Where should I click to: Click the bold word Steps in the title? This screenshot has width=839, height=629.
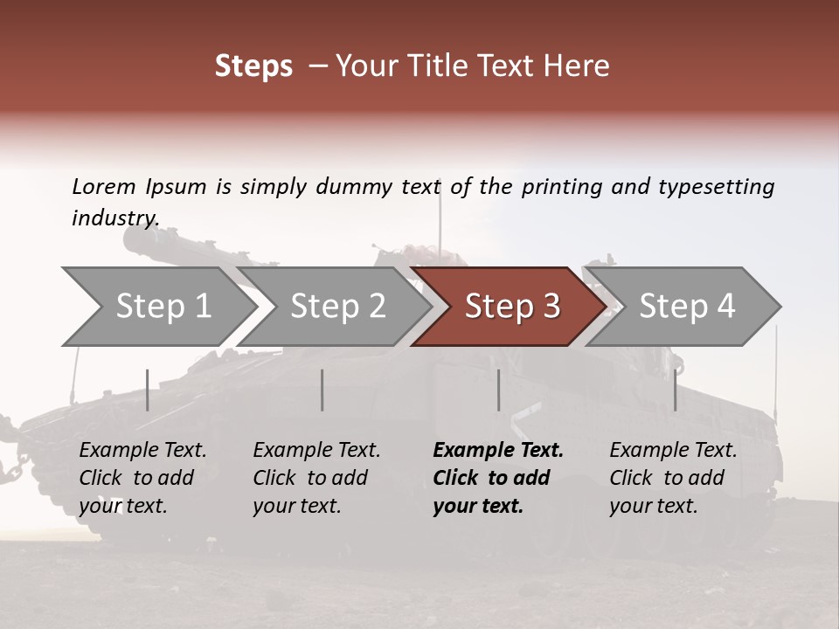253,66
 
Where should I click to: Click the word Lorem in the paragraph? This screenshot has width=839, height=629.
104,186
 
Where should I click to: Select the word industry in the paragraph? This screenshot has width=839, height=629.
114,218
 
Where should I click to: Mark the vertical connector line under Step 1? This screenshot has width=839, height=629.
148,390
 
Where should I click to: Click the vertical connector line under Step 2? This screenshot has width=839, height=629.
322,390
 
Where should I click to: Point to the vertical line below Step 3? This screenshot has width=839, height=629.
499,390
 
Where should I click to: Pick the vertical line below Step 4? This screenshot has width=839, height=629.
675,390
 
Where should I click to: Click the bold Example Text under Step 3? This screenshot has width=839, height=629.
498,451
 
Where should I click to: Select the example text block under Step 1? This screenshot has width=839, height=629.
142,478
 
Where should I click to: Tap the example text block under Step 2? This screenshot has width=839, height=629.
316,478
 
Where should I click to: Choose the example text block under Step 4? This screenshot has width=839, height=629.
673,478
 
